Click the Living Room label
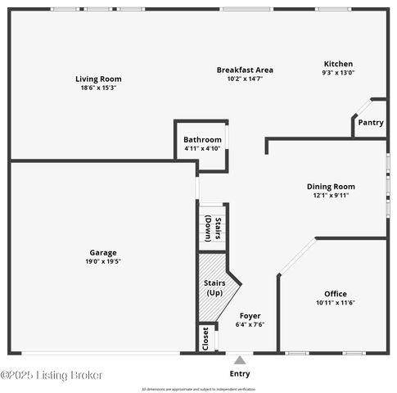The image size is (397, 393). click(98, 79)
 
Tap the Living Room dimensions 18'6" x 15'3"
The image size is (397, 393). click(98, 88)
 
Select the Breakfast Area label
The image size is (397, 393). click(245, 70)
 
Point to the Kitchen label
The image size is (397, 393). click(338, 64)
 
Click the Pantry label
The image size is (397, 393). click(370, 123)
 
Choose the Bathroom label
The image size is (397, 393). click(201, 140)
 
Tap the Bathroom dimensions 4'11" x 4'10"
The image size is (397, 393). click(201, 149)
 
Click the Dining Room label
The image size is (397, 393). click(331, 187)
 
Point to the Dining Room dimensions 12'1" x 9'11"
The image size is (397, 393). click(331, 196)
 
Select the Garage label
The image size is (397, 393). click(103, 252)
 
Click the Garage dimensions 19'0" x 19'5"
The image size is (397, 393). click(103, 261)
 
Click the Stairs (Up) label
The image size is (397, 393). click(214, 288)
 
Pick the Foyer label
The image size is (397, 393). click(250, 315)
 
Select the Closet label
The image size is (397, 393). click(205, 337)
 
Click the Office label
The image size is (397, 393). click(335, 294)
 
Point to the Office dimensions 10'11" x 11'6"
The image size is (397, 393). click(335, 303)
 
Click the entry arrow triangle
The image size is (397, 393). click(240, 359)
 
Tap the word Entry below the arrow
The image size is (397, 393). click(240, 374)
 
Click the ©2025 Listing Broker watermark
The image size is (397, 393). click(52, 375)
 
